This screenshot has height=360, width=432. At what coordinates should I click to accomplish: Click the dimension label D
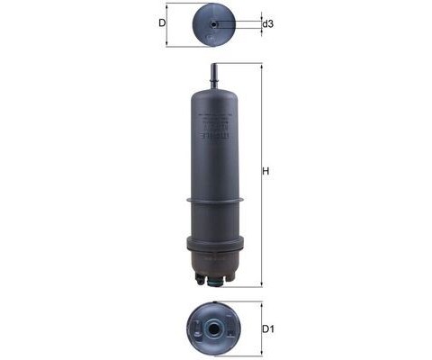tap(163, 23)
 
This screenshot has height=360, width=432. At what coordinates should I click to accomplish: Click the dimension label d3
tap(268, 23)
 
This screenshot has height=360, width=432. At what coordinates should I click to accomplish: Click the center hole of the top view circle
tap(213, 24)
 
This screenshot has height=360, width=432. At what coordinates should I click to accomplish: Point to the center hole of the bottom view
tap(214, 328)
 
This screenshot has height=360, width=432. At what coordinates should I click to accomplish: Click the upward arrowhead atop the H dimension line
tap(260, 66)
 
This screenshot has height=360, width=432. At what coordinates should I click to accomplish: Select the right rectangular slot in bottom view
tap(229, 328)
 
